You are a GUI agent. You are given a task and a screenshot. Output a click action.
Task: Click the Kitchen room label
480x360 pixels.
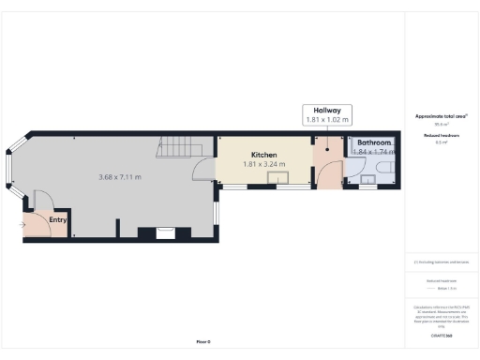[263, 155]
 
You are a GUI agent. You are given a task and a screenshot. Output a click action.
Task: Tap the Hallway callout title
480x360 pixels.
[326, 110]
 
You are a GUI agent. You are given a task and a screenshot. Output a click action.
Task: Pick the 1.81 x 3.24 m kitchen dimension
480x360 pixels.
[263, 165]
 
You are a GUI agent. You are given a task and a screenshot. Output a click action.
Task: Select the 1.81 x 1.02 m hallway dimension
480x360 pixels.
[326, 120]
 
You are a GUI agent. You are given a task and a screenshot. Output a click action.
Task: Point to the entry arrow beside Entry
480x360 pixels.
[22, 225]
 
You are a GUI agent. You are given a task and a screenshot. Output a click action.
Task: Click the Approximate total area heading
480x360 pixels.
[441, 116]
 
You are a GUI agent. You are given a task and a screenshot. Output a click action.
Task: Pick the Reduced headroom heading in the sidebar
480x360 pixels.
[441, 136]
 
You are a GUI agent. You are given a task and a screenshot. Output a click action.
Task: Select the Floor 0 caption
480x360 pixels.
[203, 342]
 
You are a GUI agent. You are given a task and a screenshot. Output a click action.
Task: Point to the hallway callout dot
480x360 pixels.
[326, 146]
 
